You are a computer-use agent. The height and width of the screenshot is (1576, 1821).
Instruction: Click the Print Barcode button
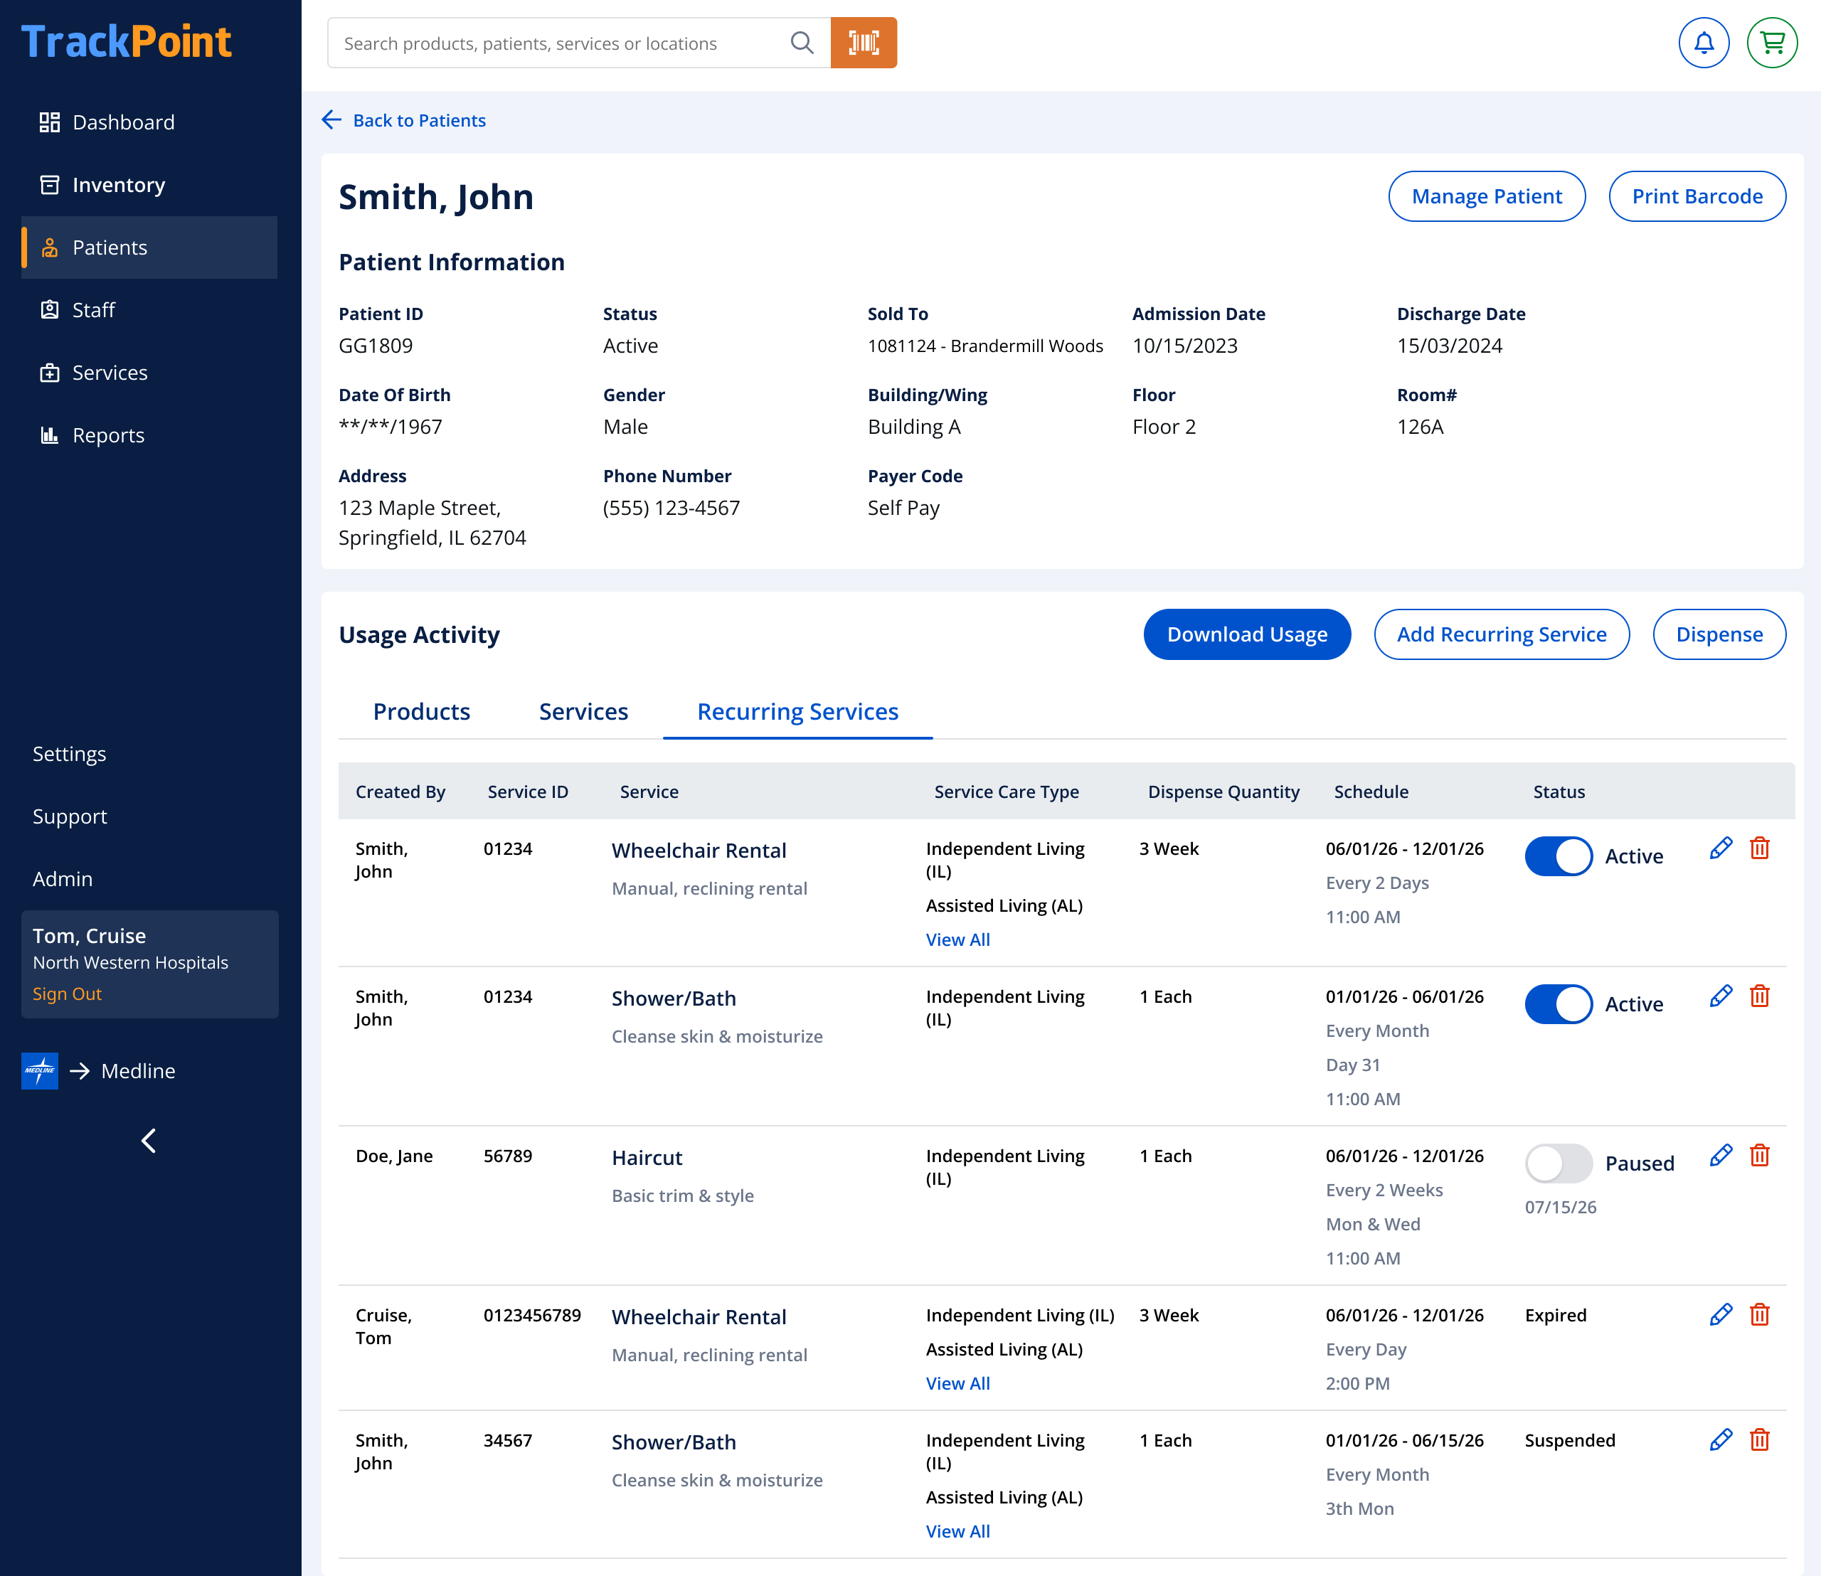click(x=1697, y=196)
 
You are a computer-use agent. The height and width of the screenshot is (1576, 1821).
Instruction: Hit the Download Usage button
click(x=1246, y=634)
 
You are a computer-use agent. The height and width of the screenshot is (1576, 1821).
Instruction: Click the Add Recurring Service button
click(x=1502, y=634)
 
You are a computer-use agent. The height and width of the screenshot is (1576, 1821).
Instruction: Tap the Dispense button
click(x=1719, y=634)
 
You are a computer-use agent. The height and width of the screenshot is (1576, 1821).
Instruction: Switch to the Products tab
click(x=421, y=711)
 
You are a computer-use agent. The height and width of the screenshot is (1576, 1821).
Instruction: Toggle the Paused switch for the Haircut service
click(x=1558, y=1164)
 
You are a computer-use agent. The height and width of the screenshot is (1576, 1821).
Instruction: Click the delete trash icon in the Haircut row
click(x=1759, y=1156)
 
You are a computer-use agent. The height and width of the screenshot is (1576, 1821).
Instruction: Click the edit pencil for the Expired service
click(x=1721, y=1315)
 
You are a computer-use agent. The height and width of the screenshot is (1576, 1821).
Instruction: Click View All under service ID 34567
click(x=958, y=1531)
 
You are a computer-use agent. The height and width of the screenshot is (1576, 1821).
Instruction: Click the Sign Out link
click(x=67, y=994)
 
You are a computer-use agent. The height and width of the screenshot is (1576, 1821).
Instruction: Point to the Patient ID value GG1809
click(x=376, y=346)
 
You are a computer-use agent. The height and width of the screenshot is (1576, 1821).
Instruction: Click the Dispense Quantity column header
click(x=1223, y=792)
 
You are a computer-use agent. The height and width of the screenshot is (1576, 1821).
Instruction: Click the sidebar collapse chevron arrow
click(x=149, y=1141)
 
